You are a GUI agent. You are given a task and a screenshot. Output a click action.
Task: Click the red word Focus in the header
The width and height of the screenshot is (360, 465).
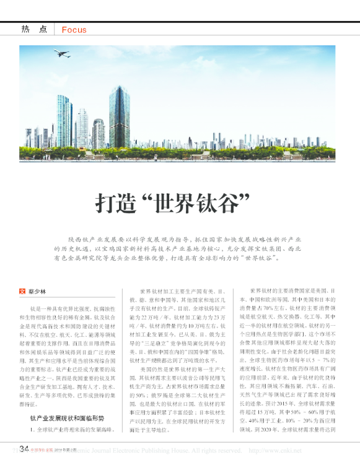(74, 29)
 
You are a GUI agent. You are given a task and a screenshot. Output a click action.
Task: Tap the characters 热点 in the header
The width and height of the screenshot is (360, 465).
(34, 29)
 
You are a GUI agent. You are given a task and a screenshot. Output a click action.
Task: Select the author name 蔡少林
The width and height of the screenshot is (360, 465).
(37, 290)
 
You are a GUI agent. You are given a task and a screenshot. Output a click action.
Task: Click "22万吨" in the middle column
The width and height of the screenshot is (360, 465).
(155, 315)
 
